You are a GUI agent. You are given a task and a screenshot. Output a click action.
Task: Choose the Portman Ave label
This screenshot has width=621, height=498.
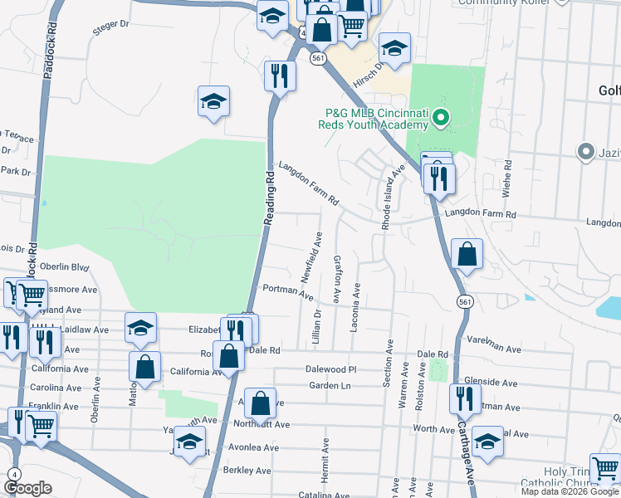pyautogui.click(x=286, y=291)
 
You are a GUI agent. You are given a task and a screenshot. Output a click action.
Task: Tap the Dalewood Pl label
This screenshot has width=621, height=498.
pyautogui.click(x=330, y=369)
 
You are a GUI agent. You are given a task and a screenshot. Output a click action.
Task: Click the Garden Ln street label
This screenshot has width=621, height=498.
pyautogui.click(x=330, y=386)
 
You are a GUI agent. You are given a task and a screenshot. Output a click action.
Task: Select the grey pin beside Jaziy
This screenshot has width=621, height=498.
pyautogui.click(x=587, y=152)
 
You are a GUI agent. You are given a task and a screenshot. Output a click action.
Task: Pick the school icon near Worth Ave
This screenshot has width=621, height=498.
pyautogui.click(x=487, y=440)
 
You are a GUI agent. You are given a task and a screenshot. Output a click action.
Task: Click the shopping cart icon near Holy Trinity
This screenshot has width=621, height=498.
pyautogui.click(x=604, y=467)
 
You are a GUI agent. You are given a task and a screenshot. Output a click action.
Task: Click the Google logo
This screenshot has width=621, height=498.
pyautogui.click(x=27, y=488)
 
